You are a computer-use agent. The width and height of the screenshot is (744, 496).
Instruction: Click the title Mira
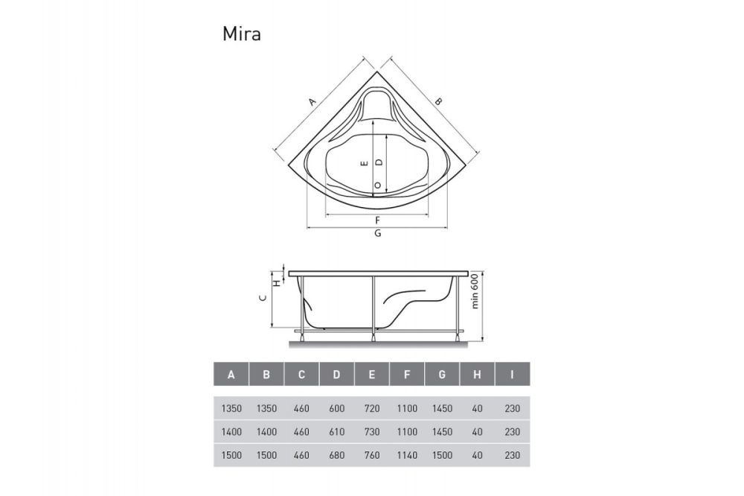tap(241, 34)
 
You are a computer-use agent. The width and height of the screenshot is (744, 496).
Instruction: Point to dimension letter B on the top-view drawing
tap(438, 101)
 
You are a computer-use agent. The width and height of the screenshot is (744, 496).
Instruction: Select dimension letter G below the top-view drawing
tap(378, 233)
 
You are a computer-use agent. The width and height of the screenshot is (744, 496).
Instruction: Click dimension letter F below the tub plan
tap(378, 220)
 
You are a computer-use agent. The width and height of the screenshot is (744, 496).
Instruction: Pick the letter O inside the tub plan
tap(378, 185)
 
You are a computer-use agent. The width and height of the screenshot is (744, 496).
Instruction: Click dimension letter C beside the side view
tap(262, 298)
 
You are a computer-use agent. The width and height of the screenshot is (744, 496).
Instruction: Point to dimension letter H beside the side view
tap(276, 283)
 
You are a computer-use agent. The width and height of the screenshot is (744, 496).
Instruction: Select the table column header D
tap(336, 374)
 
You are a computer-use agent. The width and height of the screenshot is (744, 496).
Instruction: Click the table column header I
tap(513, 374)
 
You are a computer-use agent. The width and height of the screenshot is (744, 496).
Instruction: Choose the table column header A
tap(231, 374)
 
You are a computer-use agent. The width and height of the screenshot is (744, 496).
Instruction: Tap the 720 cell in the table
tap(371, 408)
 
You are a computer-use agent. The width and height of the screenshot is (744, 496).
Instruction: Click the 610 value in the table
tap(336, 431)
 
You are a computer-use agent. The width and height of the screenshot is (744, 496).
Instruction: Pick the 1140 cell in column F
tap(407, 454)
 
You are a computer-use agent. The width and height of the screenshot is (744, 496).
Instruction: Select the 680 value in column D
tap(336, 454)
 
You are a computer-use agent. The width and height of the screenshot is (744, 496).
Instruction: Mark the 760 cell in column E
tap(371, 454)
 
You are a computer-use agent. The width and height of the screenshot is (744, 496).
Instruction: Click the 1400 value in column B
tap(266, 431)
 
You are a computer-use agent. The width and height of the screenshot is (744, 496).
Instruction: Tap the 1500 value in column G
tap(442, 454)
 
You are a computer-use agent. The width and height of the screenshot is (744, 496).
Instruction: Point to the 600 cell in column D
tap(336, 408)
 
